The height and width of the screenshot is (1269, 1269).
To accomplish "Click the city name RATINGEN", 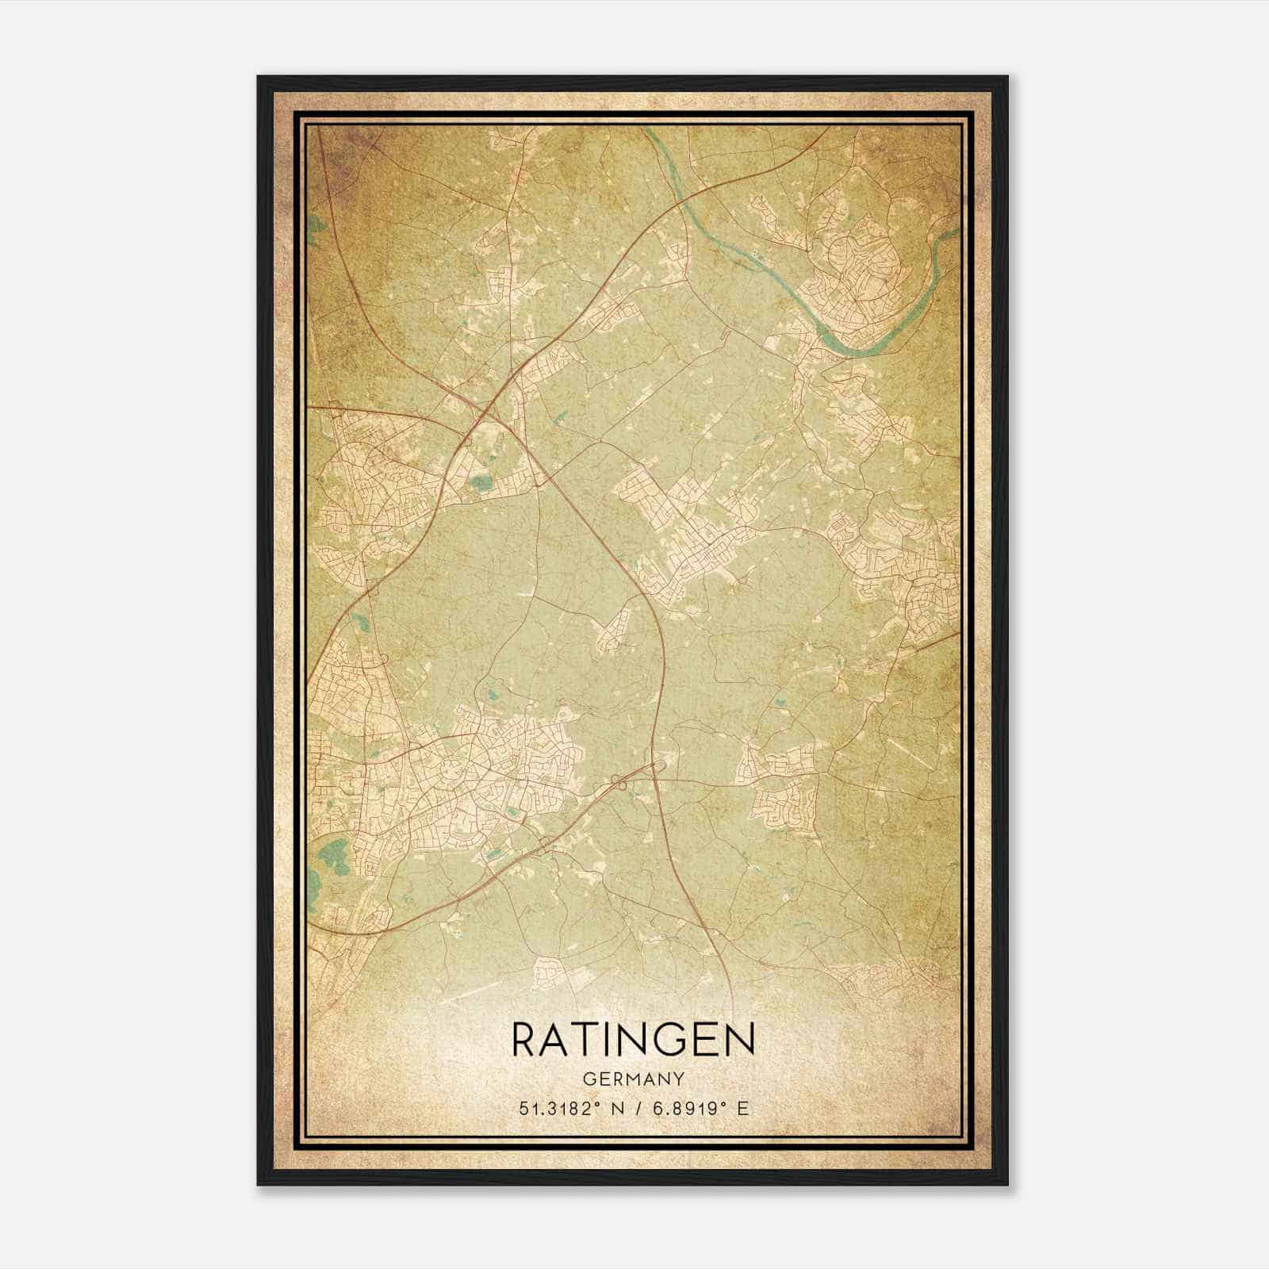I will click(634, 1040).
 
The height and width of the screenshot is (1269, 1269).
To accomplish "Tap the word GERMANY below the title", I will click(634, 1079).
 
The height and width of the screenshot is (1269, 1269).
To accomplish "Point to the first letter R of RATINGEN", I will click(527, 1040).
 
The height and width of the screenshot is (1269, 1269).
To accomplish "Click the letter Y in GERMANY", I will click(678, 1079).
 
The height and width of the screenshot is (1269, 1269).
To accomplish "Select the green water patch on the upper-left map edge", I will click(316, 224).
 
